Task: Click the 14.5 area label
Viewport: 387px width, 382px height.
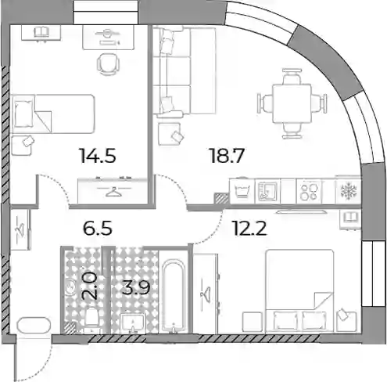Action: click(x=98, y=156)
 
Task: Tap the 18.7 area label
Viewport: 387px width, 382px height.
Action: click(x=227, y=156)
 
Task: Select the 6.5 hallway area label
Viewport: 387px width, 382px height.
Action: click(x=98, y=228)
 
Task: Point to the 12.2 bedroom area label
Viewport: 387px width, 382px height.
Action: click(x=250, y=228)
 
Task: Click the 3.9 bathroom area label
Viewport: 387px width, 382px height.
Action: click(x=136, y=287)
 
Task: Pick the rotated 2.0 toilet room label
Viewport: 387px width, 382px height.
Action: click(x=90, y=286)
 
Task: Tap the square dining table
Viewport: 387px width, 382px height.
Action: click(x=292, y=103)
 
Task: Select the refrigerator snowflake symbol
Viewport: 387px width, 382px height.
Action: click(x=349, y=191)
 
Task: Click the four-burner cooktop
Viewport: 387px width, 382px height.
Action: click(x=310, y=192)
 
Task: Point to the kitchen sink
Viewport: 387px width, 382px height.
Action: click(x=267, y=191)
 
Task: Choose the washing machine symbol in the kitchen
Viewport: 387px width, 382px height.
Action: click(x=242, y=191)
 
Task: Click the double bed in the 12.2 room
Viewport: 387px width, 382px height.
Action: click(x=299, y=291)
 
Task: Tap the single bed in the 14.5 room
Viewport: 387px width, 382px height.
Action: click(x=53, y=114)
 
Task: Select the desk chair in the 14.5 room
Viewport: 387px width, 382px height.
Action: click(x=108, y=64)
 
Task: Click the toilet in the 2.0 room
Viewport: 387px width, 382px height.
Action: click(x=91, y=317)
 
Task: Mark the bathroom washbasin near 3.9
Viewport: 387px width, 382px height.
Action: click(x=133, y=323)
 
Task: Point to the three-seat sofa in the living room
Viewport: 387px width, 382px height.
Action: click(x=185, y=71)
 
